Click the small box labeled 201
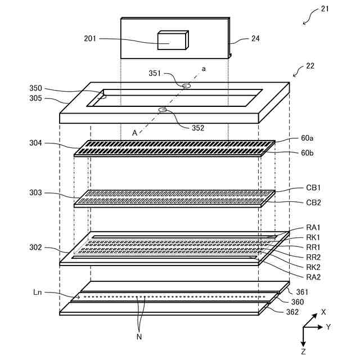(172, 40)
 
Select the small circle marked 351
(186, 85)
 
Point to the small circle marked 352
(163, 109)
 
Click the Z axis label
(303, 351)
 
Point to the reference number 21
(325, 9)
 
